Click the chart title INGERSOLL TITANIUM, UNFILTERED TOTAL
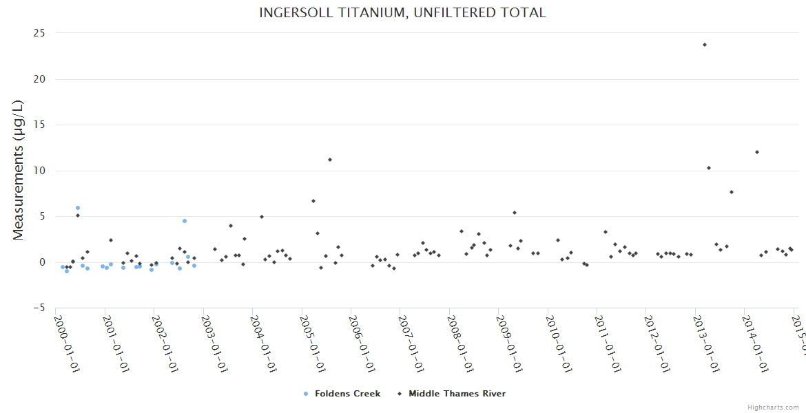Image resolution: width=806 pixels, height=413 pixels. tap(402, 12)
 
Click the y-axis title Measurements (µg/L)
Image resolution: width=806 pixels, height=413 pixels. tap(19, 170)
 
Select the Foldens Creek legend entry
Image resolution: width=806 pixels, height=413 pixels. tap(347, 394)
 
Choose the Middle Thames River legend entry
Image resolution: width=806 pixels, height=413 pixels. tap(457, 394)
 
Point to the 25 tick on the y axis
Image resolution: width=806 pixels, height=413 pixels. tap(40, 33)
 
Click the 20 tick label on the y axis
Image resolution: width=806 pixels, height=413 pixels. tap(40, 79)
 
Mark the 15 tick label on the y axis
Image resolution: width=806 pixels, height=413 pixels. tap(40, 125)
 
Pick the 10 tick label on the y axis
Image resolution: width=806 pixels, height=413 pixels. tap(40, 171)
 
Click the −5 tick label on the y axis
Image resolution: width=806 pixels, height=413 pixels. tap(39, 308)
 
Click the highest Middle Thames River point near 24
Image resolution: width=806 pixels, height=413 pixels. tap(705, 45)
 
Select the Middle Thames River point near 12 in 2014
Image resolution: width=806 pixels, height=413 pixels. tap(757, 152)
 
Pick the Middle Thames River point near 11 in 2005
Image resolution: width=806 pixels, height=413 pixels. tap(330, 160)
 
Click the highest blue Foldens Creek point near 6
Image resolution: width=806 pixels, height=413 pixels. tap(78, 208)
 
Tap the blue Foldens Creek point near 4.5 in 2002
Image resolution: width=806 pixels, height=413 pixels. tap(185, 221)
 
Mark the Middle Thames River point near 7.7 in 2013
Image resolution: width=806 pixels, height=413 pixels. tap(732, 192)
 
